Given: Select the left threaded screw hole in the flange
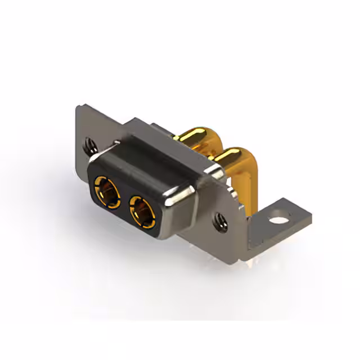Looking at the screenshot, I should coord(88,147).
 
